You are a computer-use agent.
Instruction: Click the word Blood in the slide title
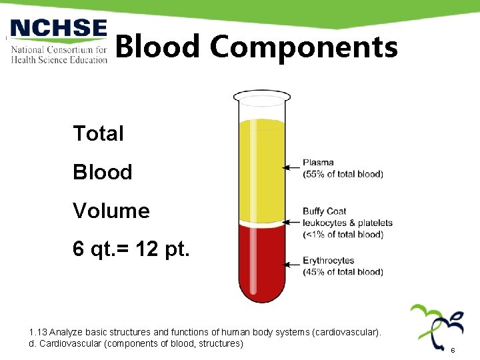click(157, 47)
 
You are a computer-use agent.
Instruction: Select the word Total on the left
click(98, 133)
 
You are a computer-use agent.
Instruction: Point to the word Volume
click(111, 211)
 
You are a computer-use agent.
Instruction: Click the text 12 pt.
click(163, 249)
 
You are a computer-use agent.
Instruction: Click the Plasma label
click(319, 163)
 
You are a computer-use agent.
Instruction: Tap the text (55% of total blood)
click(343, 175)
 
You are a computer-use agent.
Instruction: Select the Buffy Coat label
click(325, 212)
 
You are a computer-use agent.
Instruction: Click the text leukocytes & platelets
click(347, 223)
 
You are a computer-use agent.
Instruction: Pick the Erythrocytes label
click(329, 261)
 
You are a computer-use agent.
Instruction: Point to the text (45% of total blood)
click(343, 272)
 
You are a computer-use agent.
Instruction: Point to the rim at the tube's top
click(261, 97)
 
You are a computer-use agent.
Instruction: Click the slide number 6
click(453, 350)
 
